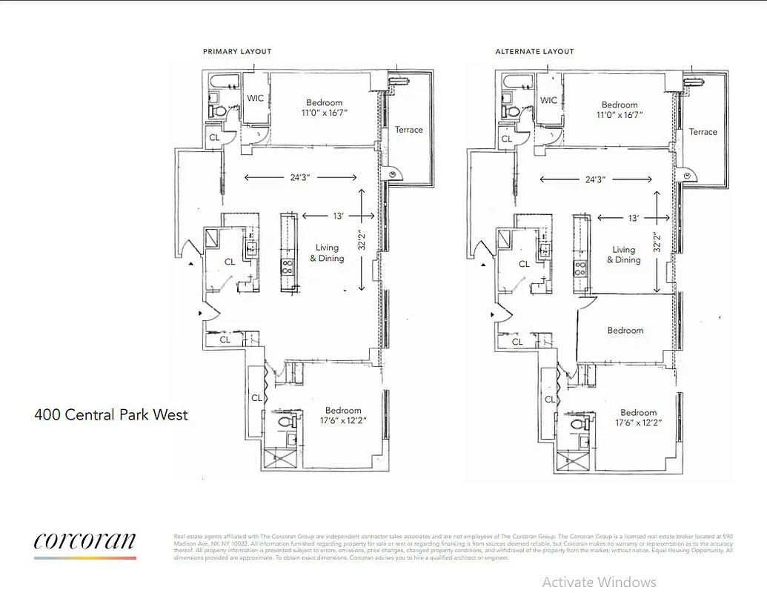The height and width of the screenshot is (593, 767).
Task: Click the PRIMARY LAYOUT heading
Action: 237,52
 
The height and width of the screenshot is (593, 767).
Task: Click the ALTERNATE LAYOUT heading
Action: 534,52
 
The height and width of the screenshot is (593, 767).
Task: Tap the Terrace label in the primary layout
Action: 408,130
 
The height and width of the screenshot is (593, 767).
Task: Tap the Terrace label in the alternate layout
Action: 703,132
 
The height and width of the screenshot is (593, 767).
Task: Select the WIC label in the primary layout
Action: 256,98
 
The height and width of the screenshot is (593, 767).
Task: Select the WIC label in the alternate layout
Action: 549,100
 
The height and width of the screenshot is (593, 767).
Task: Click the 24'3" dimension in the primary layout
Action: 299,177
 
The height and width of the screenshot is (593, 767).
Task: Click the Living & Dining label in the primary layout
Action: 327,253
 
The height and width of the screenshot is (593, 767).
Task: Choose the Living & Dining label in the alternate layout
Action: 624,255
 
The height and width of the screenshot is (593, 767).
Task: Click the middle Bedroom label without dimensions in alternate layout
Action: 625,331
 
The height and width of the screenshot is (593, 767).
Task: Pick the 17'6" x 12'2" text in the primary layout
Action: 343,421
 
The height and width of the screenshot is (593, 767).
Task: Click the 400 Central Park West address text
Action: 111,414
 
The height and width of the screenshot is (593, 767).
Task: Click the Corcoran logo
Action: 84,542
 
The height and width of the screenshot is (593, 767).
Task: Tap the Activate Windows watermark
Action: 599,582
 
